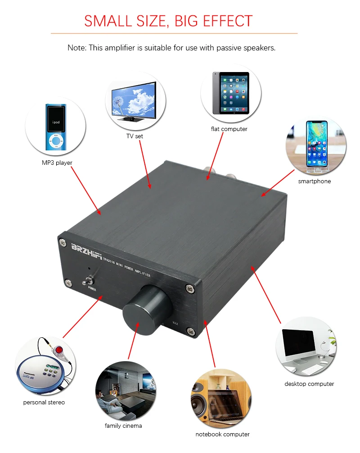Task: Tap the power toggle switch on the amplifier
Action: [85, 282]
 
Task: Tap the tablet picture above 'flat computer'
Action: [231, 93]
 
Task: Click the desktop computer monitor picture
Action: [306, 346]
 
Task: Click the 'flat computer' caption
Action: [229, 129]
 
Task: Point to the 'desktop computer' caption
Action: [309, 384]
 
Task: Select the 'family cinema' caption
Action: [123, 426]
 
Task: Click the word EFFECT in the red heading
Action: [228, 21]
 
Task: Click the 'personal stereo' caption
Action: [44, 402]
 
